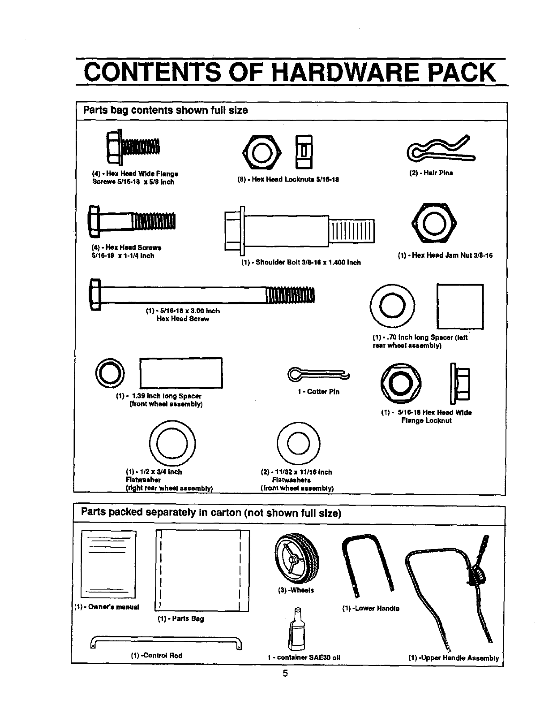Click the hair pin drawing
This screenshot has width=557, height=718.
(x=441, y=149)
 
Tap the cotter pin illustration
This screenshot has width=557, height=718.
(x=318, y=374)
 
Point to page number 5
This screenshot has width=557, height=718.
(x=285, y=673)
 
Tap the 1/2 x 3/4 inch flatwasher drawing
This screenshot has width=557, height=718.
(x=173, y=442)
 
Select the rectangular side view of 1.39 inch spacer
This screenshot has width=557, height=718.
(x=181, y=373)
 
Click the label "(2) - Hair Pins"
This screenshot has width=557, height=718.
(x=431, y=173)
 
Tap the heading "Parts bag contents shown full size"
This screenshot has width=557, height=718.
(x=165, y=111)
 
